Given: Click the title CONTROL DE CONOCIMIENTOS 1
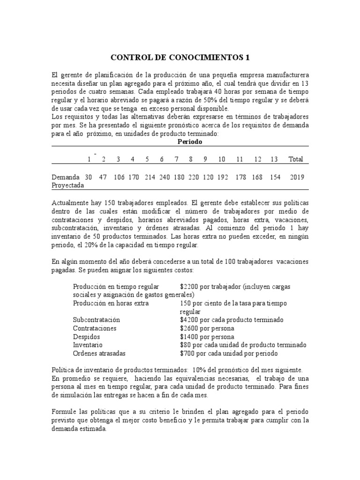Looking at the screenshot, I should tap(180, 58).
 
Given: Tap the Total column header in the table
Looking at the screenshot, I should tap(296, 159).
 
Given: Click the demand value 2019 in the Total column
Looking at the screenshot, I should tap(297, 177).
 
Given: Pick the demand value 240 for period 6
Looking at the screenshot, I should tap(162, 177).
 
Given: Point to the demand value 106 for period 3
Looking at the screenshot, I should tap(119, 177).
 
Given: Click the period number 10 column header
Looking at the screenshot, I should tap(222, 159).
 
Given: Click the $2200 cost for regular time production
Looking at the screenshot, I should tap(189, 286).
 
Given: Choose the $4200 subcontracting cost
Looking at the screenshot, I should tap(189, 320).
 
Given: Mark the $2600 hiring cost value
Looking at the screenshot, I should tap(189, 328).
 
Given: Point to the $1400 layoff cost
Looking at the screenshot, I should tap(189, 337).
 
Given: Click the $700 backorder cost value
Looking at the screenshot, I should tap(187, 353).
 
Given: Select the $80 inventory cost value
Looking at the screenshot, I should tap(186, 345).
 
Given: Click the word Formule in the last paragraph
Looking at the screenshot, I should tap(64, 411).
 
